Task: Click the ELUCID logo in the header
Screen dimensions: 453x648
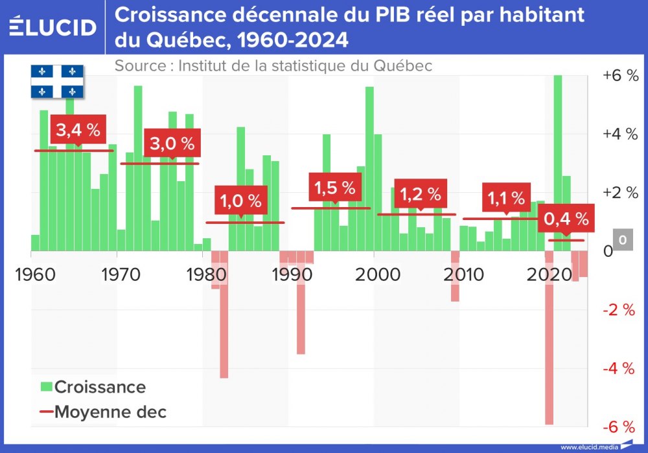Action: tap(53, 27)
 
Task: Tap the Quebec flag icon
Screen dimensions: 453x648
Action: tap(58, 82)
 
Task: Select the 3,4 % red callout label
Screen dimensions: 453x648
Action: tap(78, 130)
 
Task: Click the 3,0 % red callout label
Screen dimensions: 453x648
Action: tap(172, 144)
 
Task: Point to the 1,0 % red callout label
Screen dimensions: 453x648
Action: tap(240, 201)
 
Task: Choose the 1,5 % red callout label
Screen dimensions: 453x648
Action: tap(334, 188)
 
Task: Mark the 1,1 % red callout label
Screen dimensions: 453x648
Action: tap(506, 197)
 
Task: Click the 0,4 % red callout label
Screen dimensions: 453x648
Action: tap(566, 219)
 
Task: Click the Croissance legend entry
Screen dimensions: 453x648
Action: tap(93, 387)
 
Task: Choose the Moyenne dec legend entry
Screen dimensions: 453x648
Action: tap(102, 412)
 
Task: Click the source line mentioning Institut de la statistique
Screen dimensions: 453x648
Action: tap(273, 66)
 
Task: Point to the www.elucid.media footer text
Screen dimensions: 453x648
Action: tap(588, 447)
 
